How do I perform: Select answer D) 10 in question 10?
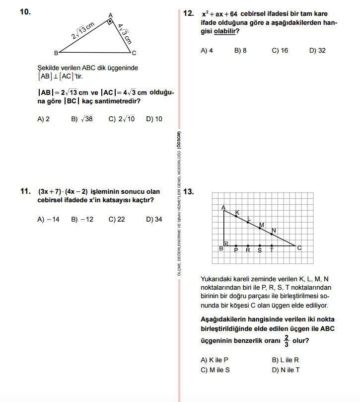154,119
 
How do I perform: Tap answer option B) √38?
82,119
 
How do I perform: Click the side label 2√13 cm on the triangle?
82,31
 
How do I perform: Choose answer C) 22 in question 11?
117,219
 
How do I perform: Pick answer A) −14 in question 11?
48,219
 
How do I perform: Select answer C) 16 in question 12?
280,51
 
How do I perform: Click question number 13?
189,191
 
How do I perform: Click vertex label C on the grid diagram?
299,248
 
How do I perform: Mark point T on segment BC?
272,246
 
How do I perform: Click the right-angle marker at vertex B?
226,243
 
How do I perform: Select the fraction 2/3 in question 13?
286,341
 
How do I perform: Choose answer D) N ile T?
286,370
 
